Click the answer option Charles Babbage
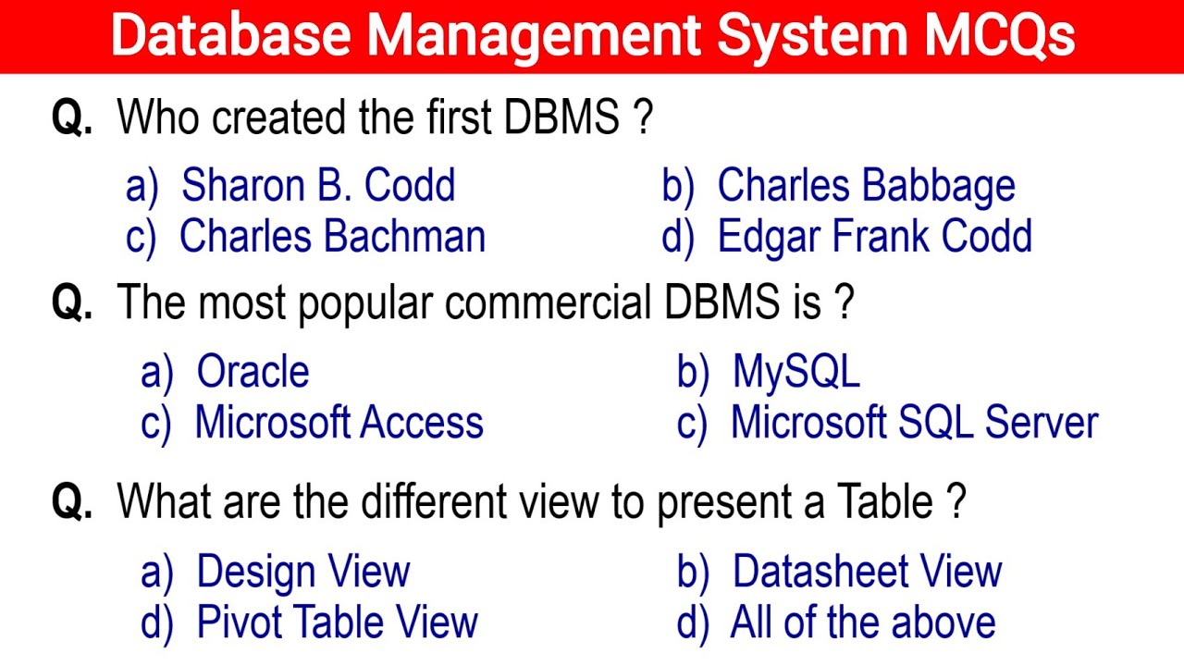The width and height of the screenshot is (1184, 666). tap(866, 186)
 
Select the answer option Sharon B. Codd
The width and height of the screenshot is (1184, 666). tap(318, 186)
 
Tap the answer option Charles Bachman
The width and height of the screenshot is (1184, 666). tap(332, 237)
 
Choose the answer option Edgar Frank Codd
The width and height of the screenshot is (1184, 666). tap(874, 237)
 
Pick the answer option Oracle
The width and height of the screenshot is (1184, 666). tap(253, 373)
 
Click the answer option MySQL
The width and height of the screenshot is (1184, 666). tap(795, 373)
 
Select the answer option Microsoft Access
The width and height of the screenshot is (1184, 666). tap(339, 424)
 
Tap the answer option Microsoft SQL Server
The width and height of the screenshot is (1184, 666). tap(914, 424)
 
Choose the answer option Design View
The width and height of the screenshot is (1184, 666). tap(303, 573)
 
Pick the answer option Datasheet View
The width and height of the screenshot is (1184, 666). tap(867, 573)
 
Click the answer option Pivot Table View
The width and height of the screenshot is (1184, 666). tap(337, 623)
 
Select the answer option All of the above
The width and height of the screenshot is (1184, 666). tap(862, 623)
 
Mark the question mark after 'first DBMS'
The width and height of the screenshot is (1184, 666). tap(645, 118)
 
